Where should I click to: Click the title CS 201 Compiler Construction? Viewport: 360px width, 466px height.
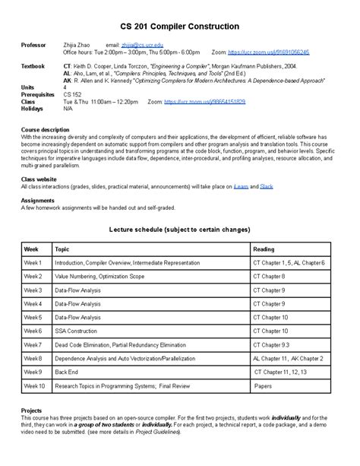click(x=181, y=26)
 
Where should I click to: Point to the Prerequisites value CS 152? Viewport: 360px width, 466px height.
click(x=72, y=94)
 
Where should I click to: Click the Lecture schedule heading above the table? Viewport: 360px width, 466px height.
click(x=180, y=229)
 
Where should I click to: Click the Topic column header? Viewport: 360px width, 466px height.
click(x=62, y=249)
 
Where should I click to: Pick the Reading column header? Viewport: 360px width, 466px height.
click(x=264, y=249)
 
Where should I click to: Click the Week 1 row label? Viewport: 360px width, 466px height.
click(x=33, y=262)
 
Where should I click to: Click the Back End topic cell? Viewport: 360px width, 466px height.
click(x=67, y=372)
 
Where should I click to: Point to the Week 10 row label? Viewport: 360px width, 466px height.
click(x=34, y=386)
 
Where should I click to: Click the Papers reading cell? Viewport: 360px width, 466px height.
click(x=263, y=386)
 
